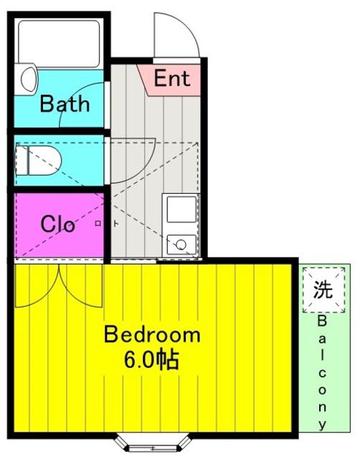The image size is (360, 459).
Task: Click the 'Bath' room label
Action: (x=65, y=104)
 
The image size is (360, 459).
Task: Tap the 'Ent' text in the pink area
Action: (x=172, y=78)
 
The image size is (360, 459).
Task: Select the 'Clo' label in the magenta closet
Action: (x=57, y=224)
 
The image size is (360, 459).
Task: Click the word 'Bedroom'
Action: (x=152, y=335)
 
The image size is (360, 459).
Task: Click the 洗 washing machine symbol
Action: (x=323, y=289)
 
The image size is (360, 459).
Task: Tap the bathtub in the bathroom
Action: (x=59, y=44)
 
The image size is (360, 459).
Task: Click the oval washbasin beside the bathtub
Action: (x=29, y=79)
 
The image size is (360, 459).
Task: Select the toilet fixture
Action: (x=38, y=161)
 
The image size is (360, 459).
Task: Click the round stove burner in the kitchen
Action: (x=181, y=244)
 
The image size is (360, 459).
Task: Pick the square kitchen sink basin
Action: (x=181, y=209)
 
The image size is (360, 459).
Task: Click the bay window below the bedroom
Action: (x=152, y=445)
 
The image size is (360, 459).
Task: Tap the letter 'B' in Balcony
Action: (x=322, y=322)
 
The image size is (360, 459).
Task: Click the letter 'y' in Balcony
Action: (x=322, y=425)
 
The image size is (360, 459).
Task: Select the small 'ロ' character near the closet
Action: (x=98, y=224)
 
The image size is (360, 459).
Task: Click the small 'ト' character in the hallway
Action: (x=116, y=224)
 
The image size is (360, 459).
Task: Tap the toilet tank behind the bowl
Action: (x=22, y=161)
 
